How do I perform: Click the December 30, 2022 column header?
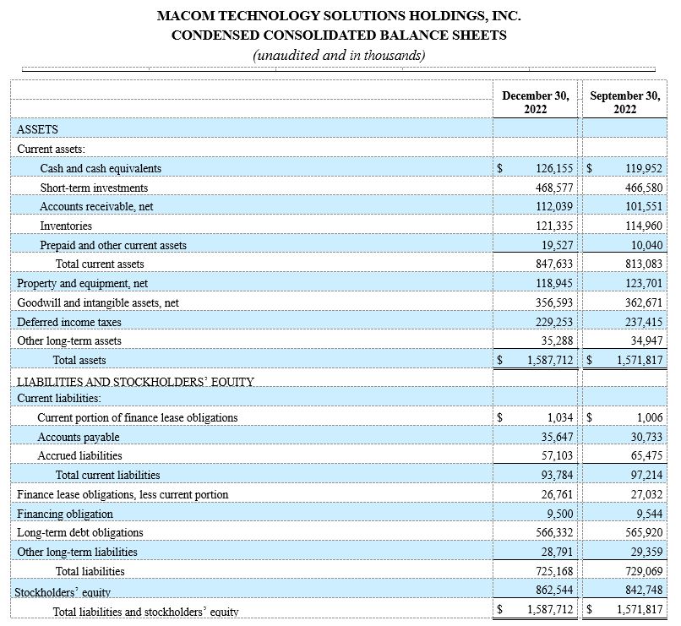536,102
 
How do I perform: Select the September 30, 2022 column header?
625,102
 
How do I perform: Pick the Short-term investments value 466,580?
640,188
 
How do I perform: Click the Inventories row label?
66,226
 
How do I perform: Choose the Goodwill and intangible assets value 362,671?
640,302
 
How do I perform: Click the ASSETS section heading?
38,129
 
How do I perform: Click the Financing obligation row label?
65,514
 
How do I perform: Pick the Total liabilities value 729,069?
640,571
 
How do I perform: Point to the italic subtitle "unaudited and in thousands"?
339,55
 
